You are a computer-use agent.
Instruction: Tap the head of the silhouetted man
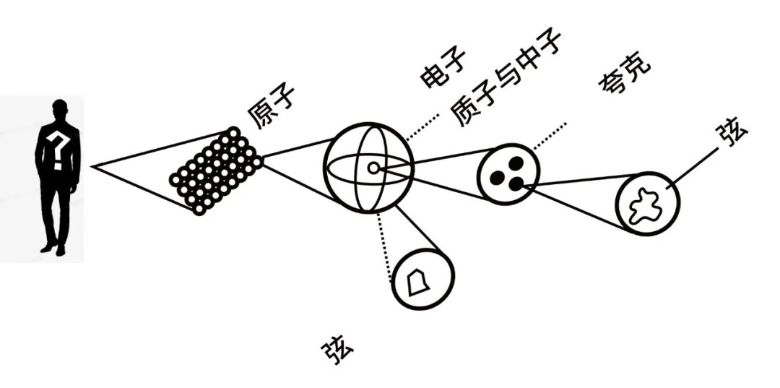coord(60,111)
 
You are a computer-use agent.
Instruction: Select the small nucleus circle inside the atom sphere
coord(373,168)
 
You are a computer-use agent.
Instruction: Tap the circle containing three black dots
coord(508,173)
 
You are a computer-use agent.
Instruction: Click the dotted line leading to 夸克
coord(550,135)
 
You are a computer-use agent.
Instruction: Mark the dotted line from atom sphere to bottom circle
coord(383,245)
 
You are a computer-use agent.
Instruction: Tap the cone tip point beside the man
coord(94,167)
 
